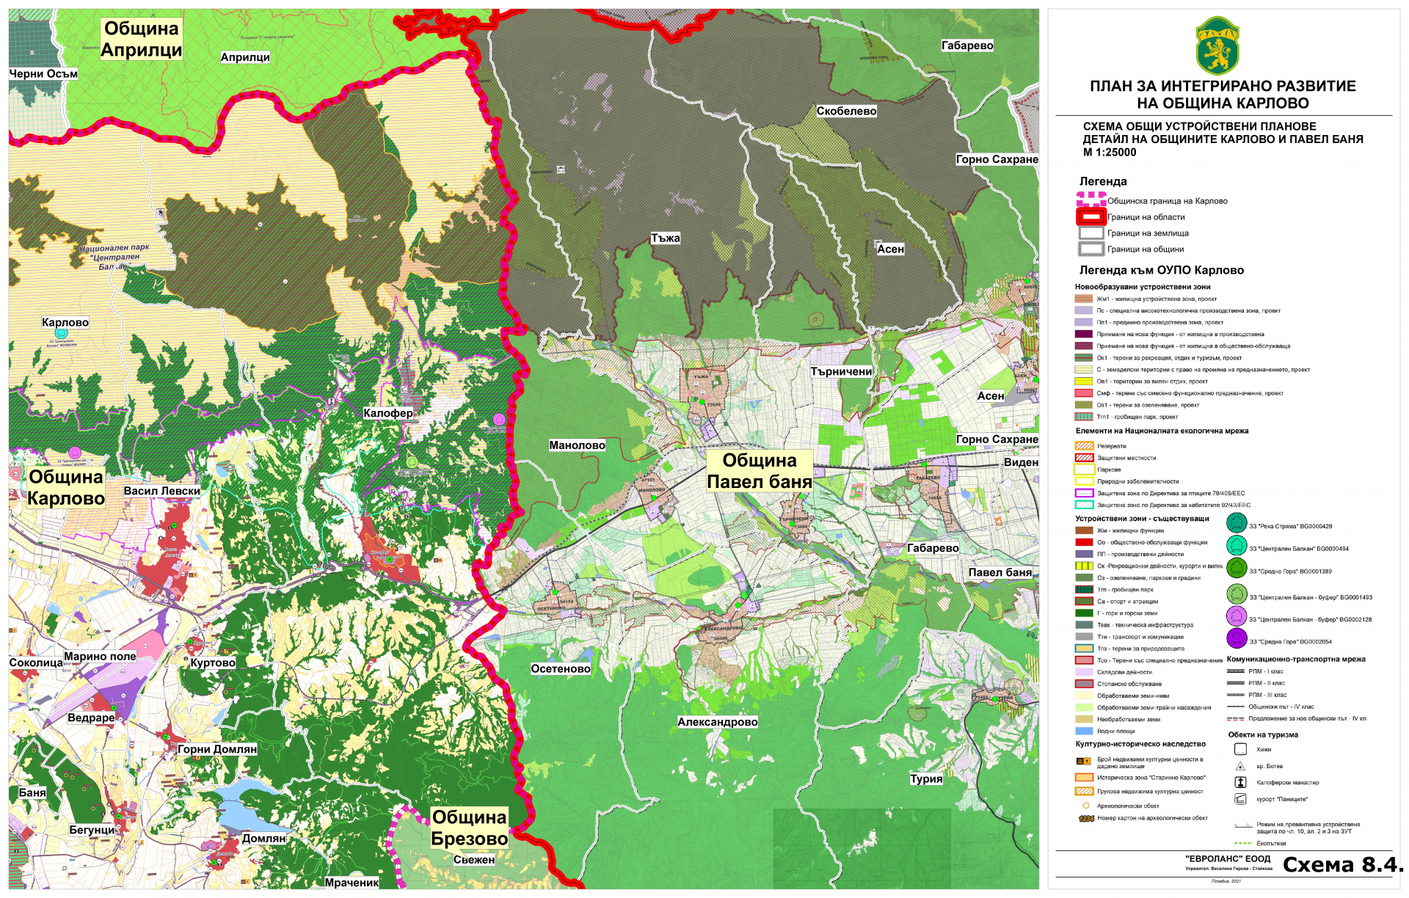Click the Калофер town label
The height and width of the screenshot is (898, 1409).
tap(387, 413)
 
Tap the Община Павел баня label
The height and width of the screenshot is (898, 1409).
tap(759, 471)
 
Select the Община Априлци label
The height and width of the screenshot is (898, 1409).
tap(141, 39)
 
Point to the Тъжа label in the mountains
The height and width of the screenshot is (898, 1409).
tap(665, 238)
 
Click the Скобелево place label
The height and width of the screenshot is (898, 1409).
tap(846, 111)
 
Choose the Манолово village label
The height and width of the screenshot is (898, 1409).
tap(577, 445)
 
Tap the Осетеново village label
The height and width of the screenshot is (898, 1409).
tap(561, 668)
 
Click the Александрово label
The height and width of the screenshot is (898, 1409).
tap(717, 722)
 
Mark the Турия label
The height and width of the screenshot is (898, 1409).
tap(926, 778)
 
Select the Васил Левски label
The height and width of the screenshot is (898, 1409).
tap(161, 491)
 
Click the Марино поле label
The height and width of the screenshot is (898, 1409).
tap(100, 657)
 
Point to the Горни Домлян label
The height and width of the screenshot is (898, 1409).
tap(217, 749)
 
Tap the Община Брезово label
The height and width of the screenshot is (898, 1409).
tap(470, 828)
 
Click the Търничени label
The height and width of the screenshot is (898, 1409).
tap(841, 371)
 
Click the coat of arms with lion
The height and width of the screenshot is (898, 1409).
tap(1217, 46)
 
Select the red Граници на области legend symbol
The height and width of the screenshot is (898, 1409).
tap(1091, 216)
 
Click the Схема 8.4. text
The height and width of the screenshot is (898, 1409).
tap(1342, 864)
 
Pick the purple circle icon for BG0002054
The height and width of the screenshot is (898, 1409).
tap(1237, 639)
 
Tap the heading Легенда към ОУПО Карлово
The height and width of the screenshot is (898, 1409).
tap(1161, 270)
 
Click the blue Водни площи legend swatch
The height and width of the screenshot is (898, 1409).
tap(1084, 731)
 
